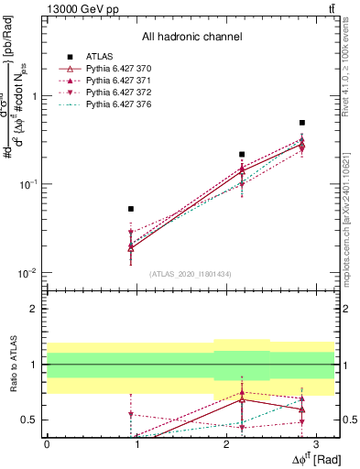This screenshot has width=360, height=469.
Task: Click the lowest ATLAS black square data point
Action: tap(131, 209)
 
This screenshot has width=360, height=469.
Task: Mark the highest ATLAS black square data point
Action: tap(302, 122)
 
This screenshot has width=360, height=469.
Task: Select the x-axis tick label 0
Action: tap(47, 442)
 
